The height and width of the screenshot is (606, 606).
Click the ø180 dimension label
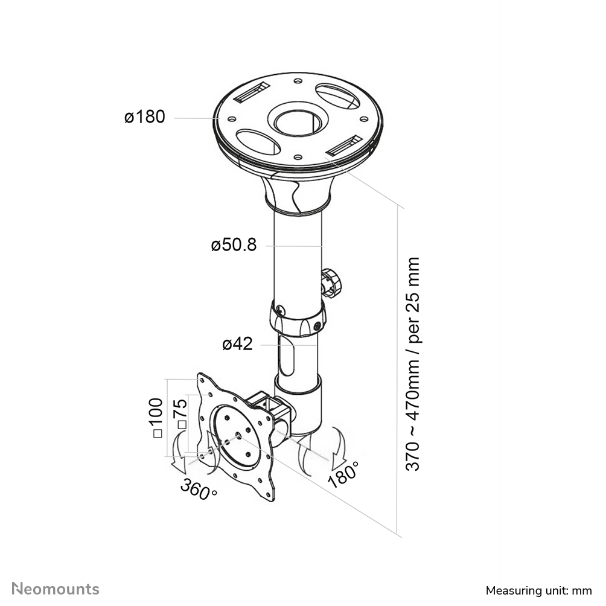(x=145, y=117)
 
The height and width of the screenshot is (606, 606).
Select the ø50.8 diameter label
(x=234, y=245)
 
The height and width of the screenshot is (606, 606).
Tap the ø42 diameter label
(x=237, y=344)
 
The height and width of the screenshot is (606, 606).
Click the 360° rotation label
(x=199, y=488)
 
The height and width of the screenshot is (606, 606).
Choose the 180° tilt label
(x=343, y=474)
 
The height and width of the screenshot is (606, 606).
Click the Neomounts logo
(x=56, y=588)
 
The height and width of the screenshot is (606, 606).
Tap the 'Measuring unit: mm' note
(x=538, y=590)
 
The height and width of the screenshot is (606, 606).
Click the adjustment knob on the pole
(x=331, y=282)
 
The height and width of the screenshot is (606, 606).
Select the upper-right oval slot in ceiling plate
(x=337, y=96)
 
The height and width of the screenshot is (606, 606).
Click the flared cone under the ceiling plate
(x=297, y=190)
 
